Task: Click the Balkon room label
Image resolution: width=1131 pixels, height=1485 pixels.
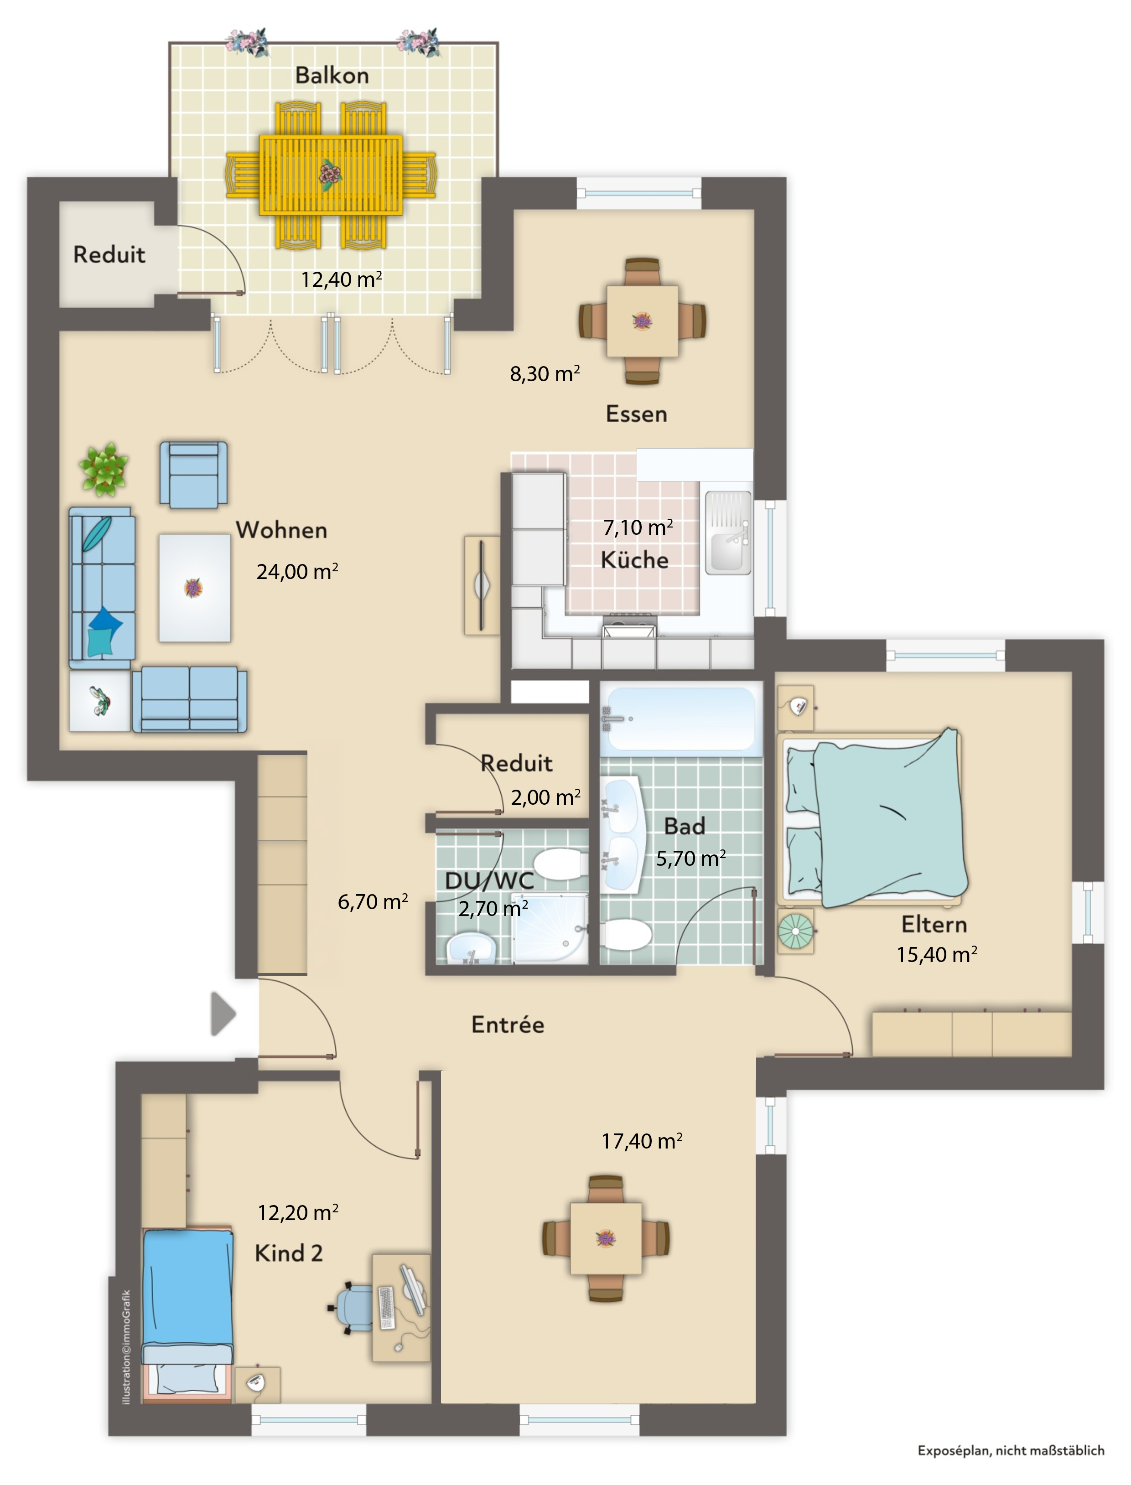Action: pyautogui.click(x=332, y=75)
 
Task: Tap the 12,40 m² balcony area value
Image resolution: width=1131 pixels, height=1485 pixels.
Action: pyautogui.click(x=341, y=279)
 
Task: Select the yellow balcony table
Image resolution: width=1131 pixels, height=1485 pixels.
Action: pyautogui.click(x=331, y=175)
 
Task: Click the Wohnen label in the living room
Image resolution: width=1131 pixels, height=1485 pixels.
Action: pyautogui.click(x=281, y=530)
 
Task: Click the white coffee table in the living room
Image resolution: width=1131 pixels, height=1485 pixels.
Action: pyautogui.click(x=195, y=587)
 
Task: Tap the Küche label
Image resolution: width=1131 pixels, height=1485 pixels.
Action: pyautogui.click(x=634, y=560)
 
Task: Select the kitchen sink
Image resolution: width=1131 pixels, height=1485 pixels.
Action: pyautogui.click(x=728, y=533)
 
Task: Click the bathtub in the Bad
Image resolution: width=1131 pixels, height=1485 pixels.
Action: pyautogui.click(x=680, y=719)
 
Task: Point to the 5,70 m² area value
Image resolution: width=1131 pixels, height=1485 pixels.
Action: pyautogui.click(x=691, y=859)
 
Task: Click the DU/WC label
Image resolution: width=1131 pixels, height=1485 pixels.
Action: pyautogui.click(x=489, y=880)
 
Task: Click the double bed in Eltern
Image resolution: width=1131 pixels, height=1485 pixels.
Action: pyautogui.click(x=875, y=819)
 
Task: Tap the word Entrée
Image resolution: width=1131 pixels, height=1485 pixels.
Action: pyautogui.click(x=508, y=1025)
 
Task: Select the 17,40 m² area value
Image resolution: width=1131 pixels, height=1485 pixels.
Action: pyautogui.click(x=642, y=1141)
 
